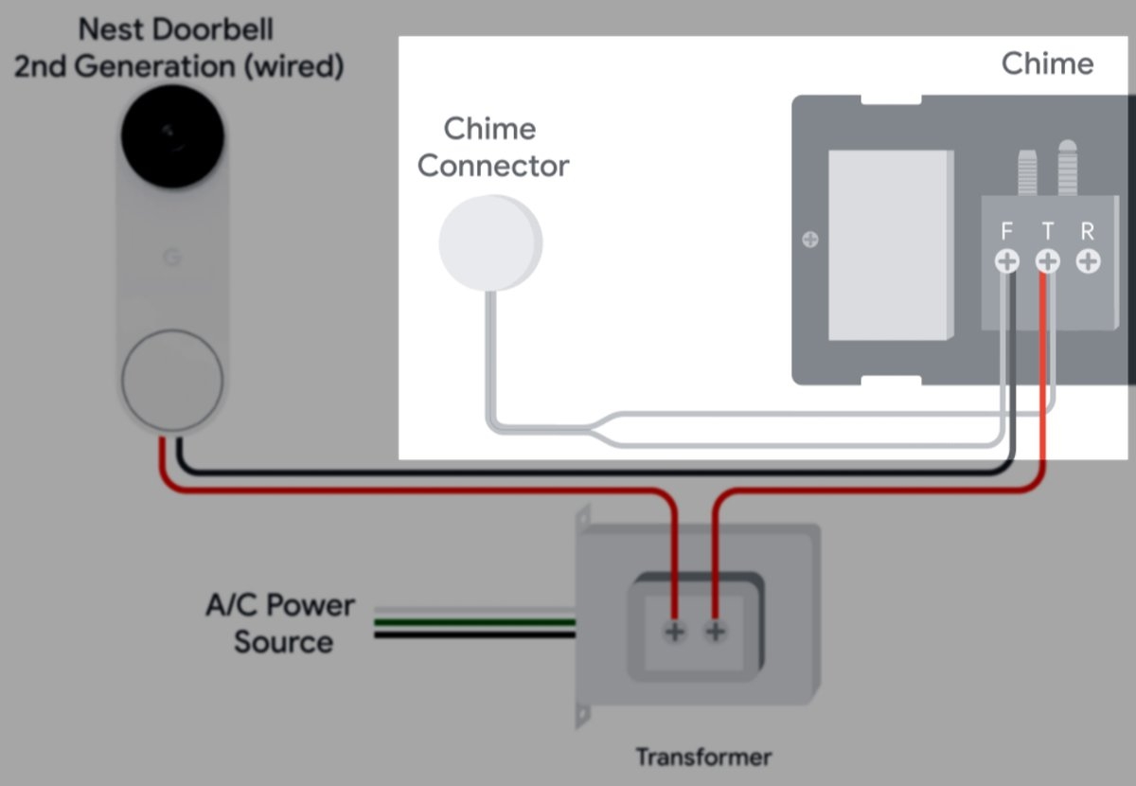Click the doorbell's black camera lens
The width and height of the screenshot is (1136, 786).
(172, 138)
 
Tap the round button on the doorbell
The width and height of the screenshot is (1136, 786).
(172, 380)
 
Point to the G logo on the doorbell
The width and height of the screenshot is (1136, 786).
(171, 258)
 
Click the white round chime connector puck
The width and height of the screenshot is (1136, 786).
(489, 242)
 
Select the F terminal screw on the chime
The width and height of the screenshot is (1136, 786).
(1007, 260)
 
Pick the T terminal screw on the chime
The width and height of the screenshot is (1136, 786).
(1047, 260)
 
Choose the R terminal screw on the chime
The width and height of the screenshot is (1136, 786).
(1088, 260)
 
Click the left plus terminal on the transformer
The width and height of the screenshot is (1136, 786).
(674, 632)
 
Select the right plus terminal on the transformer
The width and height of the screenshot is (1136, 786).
(716, 632)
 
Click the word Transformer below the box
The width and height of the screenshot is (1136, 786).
(702, 758)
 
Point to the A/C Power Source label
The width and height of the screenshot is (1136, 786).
(280, 623)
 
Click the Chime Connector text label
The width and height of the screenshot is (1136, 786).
(492, 148)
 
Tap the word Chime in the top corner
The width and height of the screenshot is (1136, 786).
(1047, 64)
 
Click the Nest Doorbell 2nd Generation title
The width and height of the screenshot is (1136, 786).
(177, 48)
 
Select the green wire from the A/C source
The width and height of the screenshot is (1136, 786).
(473, 622)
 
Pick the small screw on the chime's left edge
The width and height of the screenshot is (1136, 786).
(810, 240)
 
